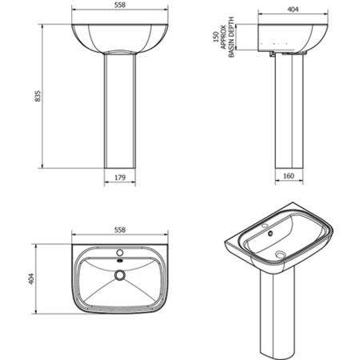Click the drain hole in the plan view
click(x=119, y=275)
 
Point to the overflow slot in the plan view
click(x=119, y=259)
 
